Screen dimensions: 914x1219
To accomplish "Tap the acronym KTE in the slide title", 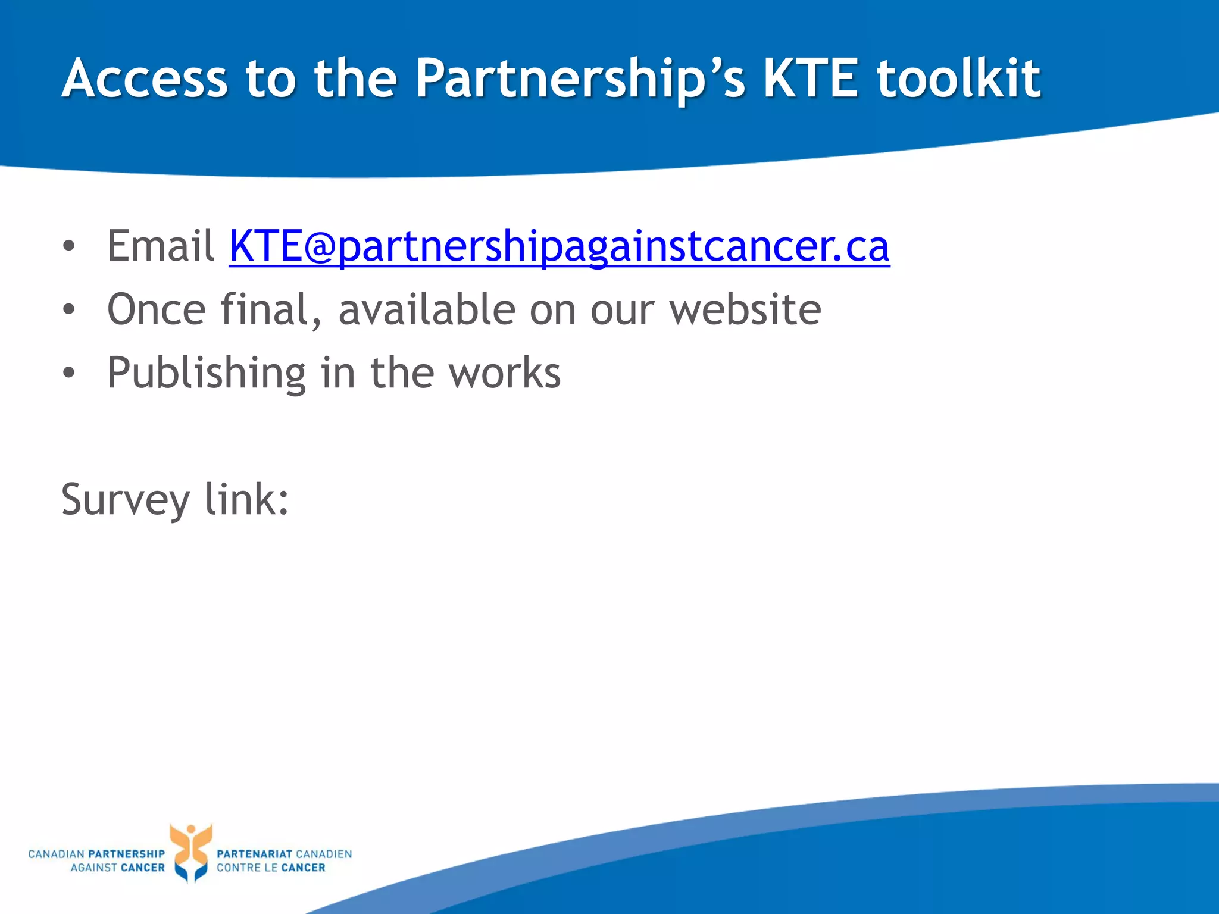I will tap(811, 79).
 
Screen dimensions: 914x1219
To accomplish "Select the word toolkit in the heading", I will tap(958, 79).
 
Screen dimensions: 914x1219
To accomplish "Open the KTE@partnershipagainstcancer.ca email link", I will tap(559, 246).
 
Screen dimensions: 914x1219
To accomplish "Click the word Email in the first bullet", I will tap(160, 246).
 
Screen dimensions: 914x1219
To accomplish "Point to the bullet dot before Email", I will tap(69, 246).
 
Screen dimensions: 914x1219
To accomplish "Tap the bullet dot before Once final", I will tap(69, 309).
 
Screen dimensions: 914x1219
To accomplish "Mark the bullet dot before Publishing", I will tap(69, 373).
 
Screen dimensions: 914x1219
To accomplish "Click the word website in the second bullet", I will tap(745, 309).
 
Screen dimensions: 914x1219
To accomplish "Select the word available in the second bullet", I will tap(427, 309).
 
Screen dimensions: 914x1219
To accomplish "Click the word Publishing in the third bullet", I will tap(206, 374).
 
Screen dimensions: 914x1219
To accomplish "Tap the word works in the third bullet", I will tap(504, 374).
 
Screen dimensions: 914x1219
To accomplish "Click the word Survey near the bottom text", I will tap(125, 500).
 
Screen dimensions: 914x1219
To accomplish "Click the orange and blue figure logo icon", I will tap(190, 852).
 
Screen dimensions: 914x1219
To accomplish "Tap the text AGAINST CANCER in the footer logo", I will tap(117, 868).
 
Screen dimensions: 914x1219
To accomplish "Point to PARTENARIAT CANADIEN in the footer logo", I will tap(284, 854).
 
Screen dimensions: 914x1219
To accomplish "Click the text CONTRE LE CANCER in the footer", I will tap(271, 868).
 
